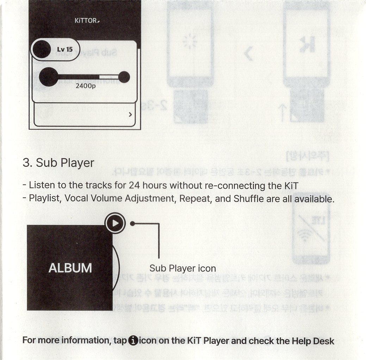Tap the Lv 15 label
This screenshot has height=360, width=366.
(x=65, y=49)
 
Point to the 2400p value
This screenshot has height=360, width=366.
(x=86, y=86)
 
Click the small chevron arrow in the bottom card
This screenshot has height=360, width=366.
(x=130, y=115)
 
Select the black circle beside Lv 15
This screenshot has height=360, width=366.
(x=42, y=49)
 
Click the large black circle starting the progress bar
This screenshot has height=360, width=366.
(x=48, y=76)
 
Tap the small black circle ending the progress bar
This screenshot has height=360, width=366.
(x=124, y=77)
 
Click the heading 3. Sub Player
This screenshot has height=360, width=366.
(x=58, y=163)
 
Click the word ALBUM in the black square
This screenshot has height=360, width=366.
(x=70, y=268)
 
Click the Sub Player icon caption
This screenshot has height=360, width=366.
(x=182, y=268)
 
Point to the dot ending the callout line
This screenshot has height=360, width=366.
(x=132, y=224)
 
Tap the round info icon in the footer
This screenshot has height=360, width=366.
(x=134, y=341)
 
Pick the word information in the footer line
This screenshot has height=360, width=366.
(x=84, y=341)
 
